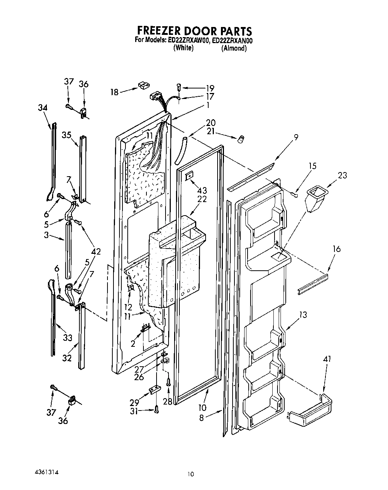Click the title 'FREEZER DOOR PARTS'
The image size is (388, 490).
tap(194, 30)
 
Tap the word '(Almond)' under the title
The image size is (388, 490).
tap(234, 48)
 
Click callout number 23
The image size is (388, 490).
tap(342, 175)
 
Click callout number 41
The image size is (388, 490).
tap(327, 360)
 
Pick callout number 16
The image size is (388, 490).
tap(336, 248)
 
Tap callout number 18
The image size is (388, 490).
tap(115, 91)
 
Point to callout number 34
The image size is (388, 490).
tap(43, 108)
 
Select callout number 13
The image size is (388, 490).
tap(303, 315)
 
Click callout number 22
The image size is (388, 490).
tap(202, 199)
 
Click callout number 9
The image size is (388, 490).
tap(296, 137)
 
